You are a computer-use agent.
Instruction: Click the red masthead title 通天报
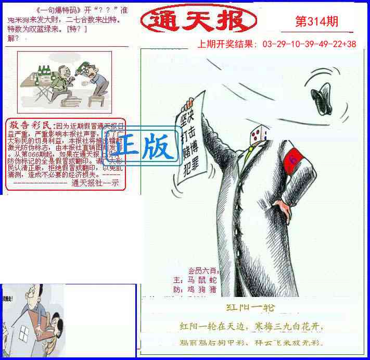pos(198,21)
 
